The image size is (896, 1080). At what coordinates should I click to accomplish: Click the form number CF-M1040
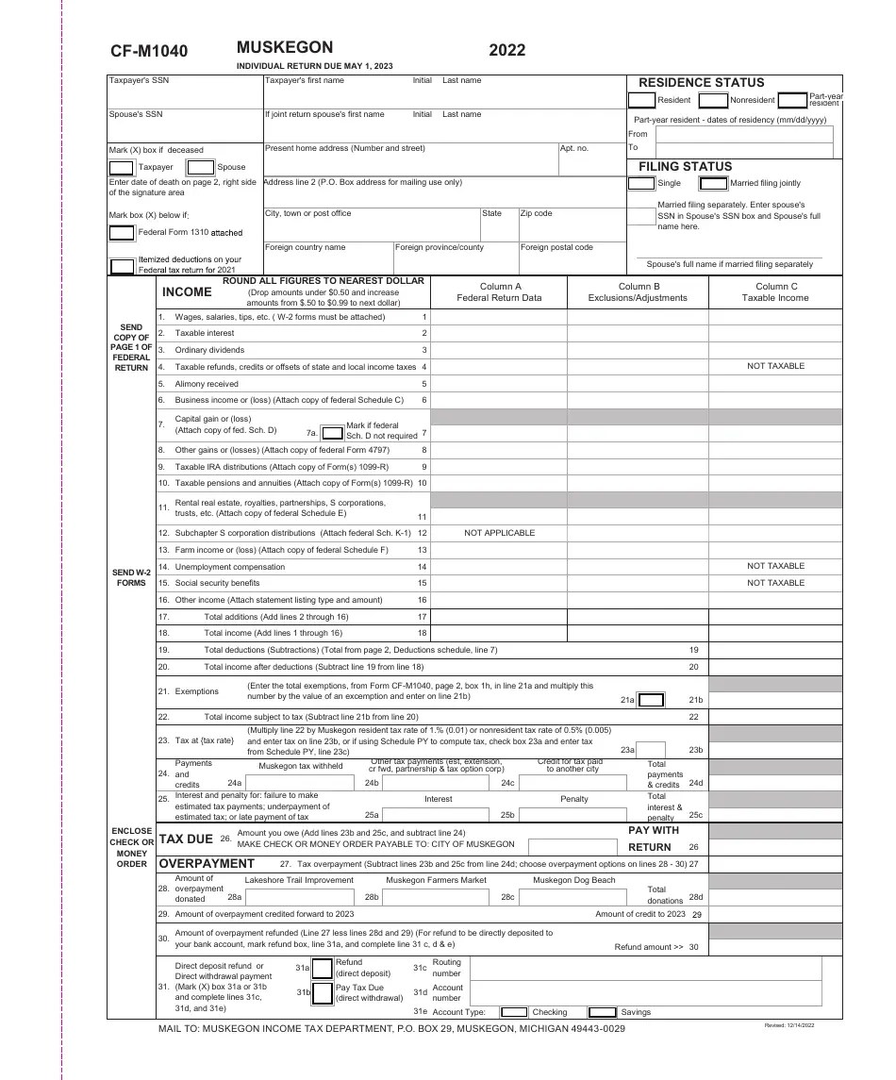coord(149,51)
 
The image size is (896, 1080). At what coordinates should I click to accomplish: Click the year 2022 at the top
coord(507,50)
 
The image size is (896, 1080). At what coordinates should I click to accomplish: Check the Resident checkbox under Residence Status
coord(641,100)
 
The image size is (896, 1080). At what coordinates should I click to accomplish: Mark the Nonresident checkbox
coord(713,100)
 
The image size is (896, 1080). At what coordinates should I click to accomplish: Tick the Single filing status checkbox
coord(641,183)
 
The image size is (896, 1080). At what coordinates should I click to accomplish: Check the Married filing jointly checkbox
coord(713,183)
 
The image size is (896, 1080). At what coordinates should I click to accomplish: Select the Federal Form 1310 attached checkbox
coord(122,232)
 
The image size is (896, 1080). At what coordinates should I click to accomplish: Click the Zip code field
coord(572,226)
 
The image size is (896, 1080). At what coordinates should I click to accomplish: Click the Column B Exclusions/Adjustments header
coord(638,292)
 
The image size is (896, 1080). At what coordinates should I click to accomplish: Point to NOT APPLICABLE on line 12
coord(499,533)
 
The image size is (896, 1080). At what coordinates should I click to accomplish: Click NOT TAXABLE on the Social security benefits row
coord(775,583)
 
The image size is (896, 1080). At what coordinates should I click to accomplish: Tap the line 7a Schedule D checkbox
coord(332,433)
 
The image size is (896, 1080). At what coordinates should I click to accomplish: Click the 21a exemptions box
coord(651,700)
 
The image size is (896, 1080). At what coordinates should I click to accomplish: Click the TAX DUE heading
coord(186,839)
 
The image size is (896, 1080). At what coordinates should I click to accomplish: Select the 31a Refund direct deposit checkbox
coord(323,968)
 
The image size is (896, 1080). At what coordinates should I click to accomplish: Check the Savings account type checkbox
coord(602,1012)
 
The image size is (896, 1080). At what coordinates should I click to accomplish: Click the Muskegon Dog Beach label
coord(573,880)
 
